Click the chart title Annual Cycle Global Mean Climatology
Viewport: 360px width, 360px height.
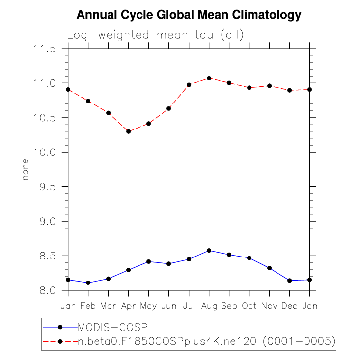(189, 15)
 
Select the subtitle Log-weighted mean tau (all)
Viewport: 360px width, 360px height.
(155, 35)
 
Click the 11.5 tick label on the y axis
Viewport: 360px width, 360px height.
(44, 49)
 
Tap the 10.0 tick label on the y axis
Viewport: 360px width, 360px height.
(44, 153)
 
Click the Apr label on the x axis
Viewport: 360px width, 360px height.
(129, 306)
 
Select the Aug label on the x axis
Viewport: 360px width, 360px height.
(209, 306)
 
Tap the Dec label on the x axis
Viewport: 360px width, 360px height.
(289, 306)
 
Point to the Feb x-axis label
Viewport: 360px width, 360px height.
(88, 306)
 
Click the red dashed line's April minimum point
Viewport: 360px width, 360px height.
(129, 131)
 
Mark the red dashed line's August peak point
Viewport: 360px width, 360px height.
(209, 78)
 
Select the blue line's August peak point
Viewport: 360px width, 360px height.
(209, 251)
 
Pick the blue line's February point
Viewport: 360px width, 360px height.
(88, 283)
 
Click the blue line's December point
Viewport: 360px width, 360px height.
(289, 281)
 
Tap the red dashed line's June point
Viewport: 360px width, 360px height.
(169, 108)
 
